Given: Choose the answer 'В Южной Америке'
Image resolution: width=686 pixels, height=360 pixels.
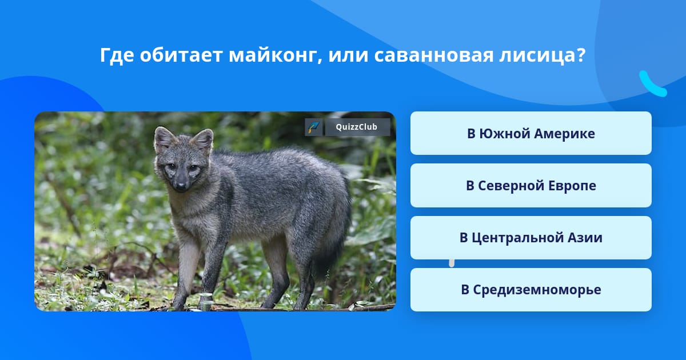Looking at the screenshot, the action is (x=531, y=133).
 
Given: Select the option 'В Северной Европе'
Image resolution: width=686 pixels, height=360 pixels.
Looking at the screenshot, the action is (x=531, y=186).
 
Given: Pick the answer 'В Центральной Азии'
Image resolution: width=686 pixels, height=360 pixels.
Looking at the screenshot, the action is (x=531, y=238).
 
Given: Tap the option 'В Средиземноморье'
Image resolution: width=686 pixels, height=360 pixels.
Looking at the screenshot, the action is (x=531, y=290).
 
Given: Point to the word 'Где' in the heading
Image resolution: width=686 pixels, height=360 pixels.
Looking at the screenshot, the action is (x=117, y=56).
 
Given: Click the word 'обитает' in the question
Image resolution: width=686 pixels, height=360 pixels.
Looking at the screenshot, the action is (x=181, y=55).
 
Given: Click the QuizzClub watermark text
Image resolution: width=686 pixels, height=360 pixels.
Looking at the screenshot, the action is (x=357, y=127).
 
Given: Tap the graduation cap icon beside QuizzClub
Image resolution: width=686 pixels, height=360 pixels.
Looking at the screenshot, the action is (x=313, y=127).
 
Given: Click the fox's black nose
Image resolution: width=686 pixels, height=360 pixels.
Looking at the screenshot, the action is (x=181, y=186).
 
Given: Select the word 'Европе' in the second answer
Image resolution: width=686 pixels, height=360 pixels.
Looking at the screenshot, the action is (x=572, y=186).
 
